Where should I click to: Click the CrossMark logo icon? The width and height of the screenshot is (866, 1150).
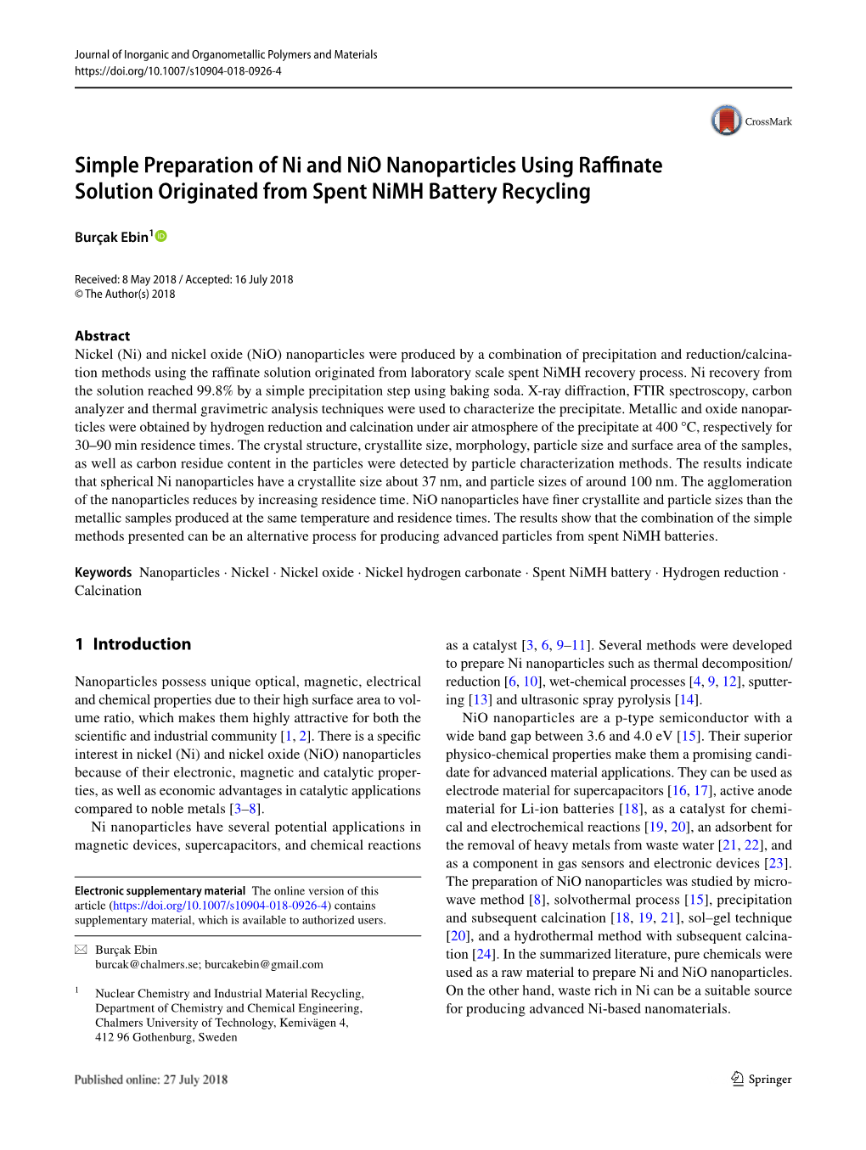click(726, 121)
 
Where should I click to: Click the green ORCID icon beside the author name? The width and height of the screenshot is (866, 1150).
click(161, 236)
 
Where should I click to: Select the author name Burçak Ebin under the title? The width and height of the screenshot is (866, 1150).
click(111, 238)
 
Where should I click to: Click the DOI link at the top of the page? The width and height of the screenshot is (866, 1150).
click(178, 71)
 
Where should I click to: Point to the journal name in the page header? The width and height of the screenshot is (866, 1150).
click(226, 54)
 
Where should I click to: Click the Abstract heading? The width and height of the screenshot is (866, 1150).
click(102, 336)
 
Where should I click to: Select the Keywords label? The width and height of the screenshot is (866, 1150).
click(103, 573)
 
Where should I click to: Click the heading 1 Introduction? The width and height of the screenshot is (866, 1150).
click(133, 644)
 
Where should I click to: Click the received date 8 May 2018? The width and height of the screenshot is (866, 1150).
click(149, 279)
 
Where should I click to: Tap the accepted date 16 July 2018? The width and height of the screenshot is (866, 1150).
click(263, 279)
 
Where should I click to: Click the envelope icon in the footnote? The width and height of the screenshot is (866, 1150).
click(81, 950)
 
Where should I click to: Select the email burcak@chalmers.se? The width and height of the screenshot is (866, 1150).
click(147, 965)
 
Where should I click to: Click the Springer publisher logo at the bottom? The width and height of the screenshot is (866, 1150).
click(761, 1079)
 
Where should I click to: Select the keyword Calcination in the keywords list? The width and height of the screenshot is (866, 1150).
click(108, 591)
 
